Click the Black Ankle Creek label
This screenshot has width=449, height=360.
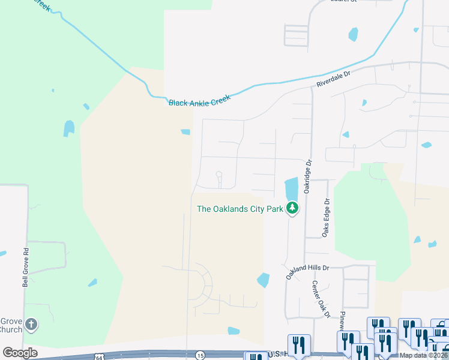(x=199, y=103)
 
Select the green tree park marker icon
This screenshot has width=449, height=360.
(x=292, y=209)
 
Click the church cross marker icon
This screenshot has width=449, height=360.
(x=32, y=325)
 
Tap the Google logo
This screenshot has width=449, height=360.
(x=20, y=353)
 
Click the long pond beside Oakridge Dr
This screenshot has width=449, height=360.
(x=291, y=188)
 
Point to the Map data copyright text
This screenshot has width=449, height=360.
(x=423, y=355)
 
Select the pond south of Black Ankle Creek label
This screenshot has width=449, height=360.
(x=185, y=132)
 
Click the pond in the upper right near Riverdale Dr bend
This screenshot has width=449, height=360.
(x=354, y=34)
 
